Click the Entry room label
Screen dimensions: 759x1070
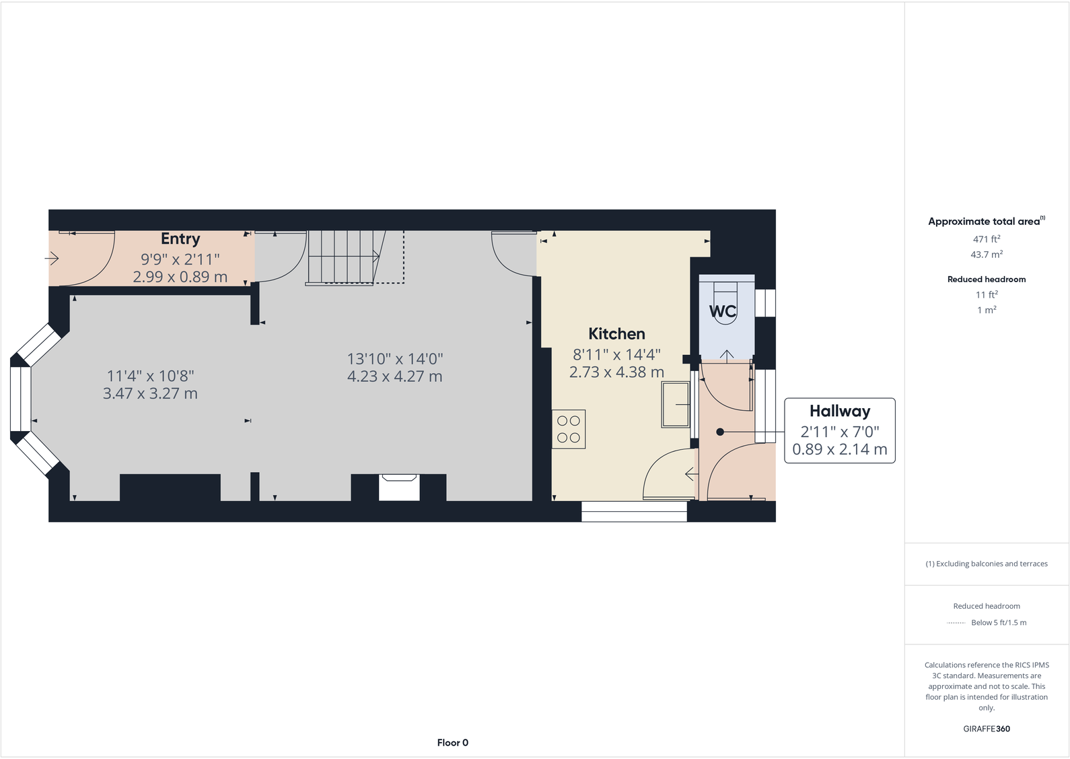pyautogui.click(x=180, y=239)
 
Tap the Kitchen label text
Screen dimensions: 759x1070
pyautogui.click(x=616, y=334)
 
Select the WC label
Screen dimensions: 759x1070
pyautogui.click(x=723, y=311)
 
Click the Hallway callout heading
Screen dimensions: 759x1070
pyautogui.click(x=839, y=411)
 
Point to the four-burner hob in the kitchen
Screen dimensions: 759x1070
pyautogui.click(x=569, y=430)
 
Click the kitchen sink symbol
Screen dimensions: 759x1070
pyautogui.click(x=676, y=404)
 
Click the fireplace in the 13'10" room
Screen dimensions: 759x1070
pyautogui.click(x=399, y=487)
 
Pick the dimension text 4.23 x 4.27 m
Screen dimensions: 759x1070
pyautogui.click(x=394, y=376)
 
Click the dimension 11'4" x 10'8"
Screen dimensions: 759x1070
pyautogui.click(x=150, y=376)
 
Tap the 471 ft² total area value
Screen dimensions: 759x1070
pyautogui.click(x=986, y=239)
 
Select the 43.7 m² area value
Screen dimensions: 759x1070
pyautogui.click(x=986, y=255)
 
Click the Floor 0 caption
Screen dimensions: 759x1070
pyautogui.click(x=452, y=742)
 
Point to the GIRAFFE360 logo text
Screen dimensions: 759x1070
pyautogui.click(x=986, y=729)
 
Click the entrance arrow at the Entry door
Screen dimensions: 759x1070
pyautogui.click(x=52, y=258)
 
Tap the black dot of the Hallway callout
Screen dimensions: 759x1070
pyautogui.click(x=720, y=432)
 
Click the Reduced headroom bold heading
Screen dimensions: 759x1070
pyautogui.click(x=986, y=279)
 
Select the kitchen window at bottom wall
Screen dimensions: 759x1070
pyautogui.click(x=634, y=511)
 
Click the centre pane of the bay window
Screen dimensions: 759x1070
pyautogui.click(x=21, y=399)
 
